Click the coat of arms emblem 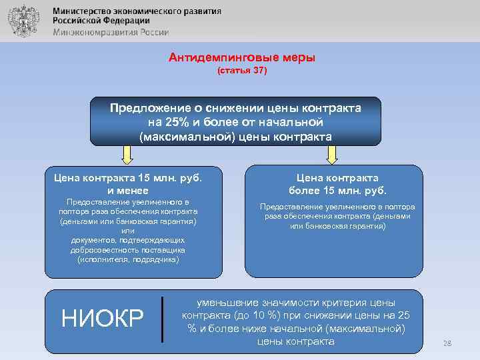click(x=22, y=23)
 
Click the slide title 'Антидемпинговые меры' click(x=242, y=58)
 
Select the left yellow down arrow click(x=129, y=155)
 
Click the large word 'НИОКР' click(x=103, y=319)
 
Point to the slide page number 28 click(x=447, y=343)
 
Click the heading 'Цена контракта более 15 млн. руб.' click(x=337, y=183)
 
